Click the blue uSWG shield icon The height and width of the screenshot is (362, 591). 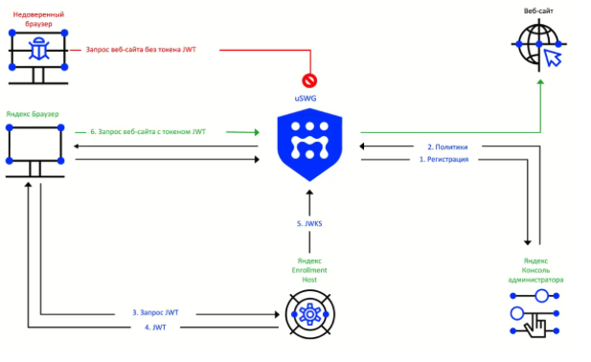coord(309,145)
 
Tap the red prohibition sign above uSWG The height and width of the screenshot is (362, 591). coord(309,80)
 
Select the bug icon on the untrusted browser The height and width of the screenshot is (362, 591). coord(38,49)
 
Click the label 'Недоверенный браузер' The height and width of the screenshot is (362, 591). coord(38,19)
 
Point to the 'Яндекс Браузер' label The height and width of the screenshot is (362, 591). coord(33,114)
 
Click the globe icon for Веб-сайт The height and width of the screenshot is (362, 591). coord(538,45)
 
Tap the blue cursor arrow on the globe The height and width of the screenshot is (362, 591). coord(552,57)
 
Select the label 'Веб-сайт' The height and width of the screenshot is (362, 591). coord(538,11)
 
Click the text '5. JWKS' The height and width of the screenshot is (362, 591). coord(309,224)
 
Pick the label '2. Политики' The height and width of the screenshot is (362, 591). coord(447,147)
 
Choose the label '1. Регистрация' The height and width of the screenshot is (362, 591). coord(444,159)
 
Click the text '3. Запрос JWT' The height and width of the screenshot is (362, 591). coord(155,312)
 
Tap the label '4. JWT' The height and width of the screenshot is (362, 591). coord(155,328)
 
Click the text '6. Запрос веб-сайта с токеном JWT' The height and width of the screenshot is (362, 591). coord(148,132)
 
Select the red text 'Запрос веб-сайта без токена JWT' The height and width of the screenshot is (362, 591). coord(141,50)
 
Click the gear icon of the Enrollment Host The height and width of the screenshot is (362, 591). coord(309,314)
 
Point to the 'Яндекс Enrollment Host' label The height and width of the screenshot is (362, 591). coord(309,270)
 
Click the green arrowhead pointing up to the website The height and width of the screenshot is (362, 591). coord(540,82)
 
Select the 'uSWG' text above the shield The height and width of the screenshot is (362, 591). coord(306,99)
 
